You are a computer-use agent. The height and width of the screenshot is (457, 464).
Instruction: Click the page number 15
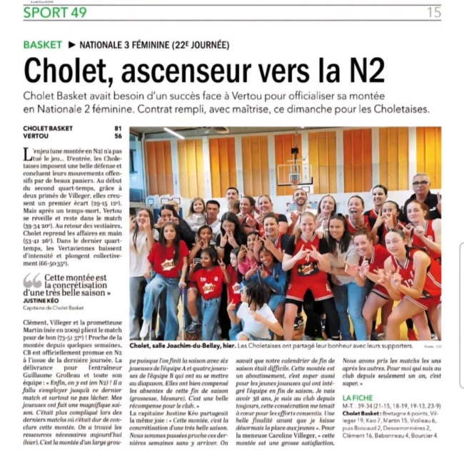434,12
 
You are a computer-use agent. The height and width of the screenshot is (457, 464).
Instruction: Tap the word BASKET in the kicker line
42,44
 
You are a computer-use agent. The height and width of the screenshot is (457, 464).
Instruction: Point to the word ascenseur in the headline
184,71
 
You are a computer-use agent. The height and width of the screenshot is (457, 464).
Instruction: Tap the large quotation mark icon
32,280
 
